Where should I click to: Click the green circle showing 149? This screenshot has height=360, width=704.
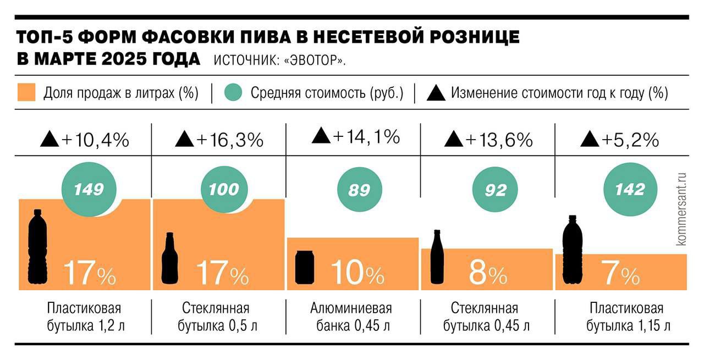[x=89, y=190]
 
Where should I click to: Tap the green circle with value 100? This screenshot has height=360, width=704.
[x=224, y=190]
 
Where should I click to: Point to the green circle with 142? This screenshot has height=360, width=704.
[x=630, y=190]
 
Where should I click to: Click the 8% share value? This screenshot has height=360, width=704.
[x=487, y=272]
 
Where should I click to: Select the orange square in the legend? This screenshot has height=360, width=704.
[x=26, y=92]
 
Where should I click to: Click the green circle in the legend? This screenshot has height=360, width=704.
[x=234, y=92]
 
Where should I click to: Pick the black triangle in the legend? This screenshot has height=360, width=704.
[x=436, y=93]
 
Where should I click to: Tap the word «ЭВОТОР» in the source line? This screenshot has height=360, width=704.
[x=315, y=60]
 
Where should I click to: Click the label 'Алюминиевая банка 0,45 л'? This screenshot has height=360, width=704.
[x=354, y=317]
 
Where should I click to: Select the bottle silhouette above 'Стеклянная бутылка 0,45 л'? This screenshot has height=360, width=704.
[x=437, y=257]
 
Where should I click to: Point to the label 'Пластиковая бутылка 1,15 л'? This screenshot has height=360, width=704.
[x=628, y=317]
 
